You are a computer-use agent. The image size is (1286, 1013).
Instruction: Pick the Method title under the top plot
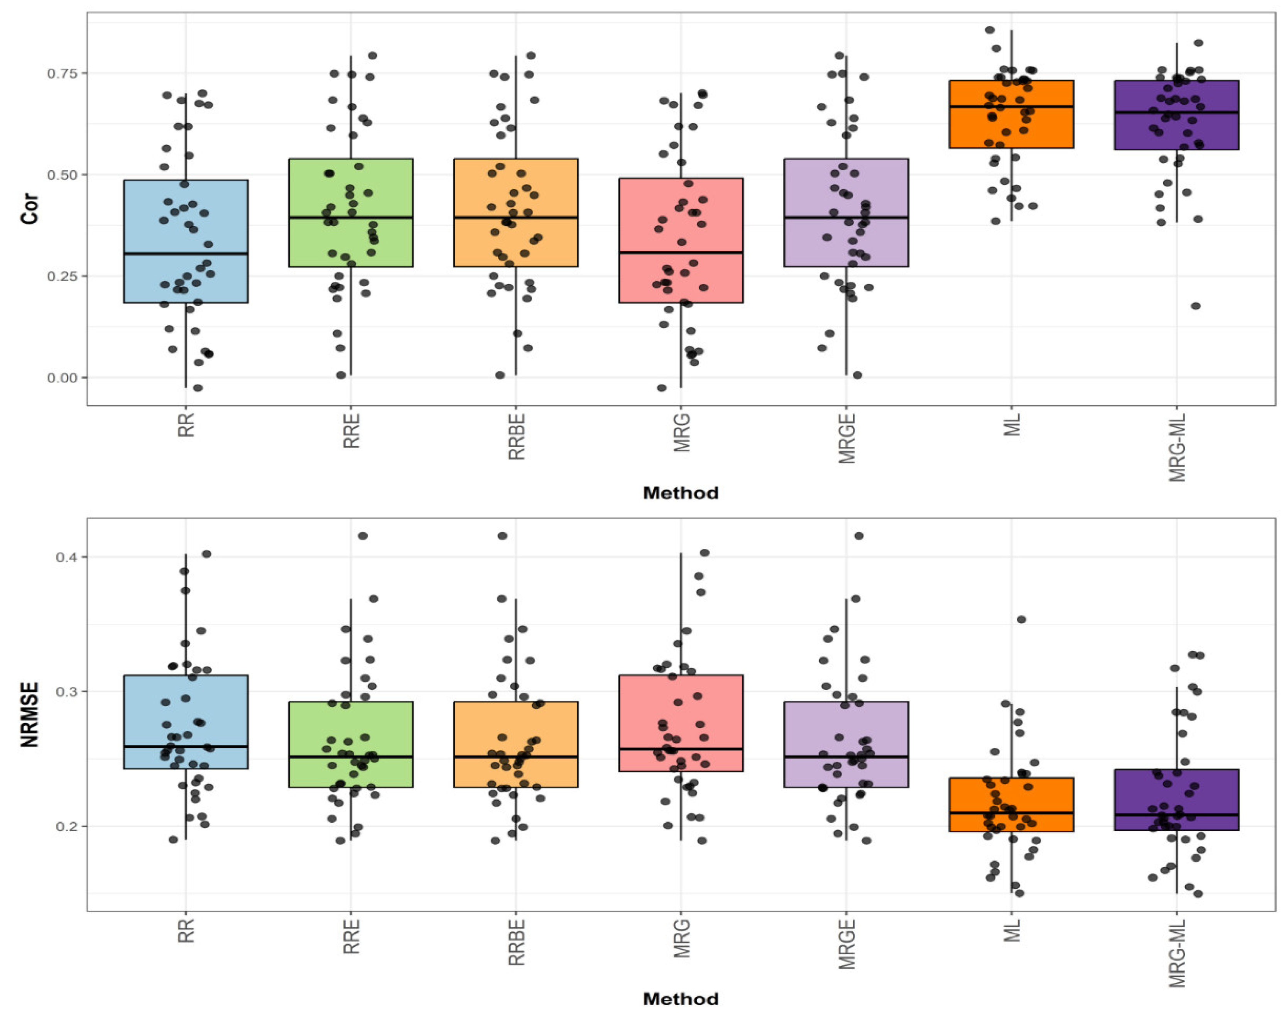680,493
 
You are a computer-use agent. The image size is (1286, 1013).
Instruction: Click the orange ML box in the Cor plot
1011,127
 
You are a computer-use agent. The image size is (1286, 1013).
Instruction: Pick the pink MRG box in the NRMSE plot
681,712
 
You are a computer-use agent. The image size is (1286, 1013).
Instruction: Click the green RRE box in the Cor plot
351,190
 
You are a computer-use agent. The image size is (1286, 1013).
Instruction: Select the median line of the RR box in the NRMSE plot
186,746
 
